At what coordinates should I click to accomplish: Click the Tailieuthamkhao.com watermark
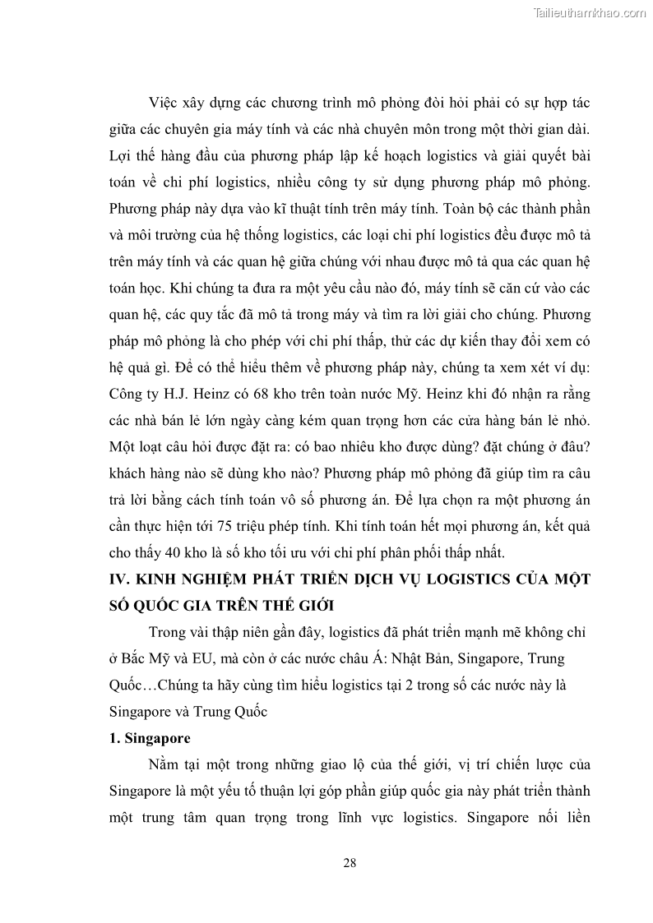tap(590, 13)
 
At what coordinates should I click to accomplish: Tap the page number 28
tap(350, 863)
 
